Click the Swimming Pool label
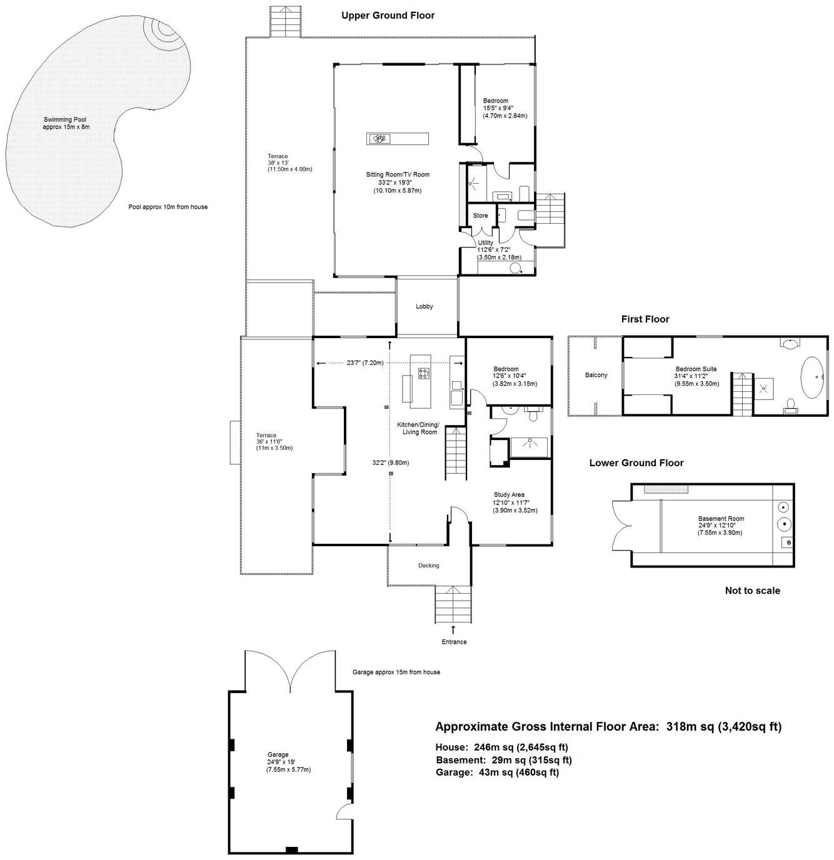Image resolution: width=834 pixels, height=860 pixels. (66, 119)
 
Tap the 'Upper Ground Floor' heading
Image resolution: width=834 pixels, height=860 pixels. (388, 16)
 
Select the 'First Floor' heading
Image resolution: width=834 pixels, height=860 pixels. (645, 319)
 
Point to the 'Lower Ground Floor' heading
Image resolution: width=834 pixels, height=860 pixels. (636, 463)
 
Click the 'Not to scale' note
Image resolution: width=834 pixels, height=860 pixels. (752, 591)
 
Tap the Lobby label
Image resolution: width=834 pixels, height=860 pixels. (425, 306)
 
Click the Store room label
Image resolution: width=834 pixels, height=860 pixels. (480, 216)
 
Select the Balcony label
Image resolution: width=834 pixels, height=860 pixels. (596, 375)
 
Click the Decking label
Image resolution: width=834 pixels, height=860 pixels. (428, 566)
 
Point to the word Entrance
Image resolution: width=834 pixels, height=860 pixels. (453, 642)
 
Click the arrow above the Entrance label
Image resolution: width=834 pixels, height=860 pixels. (453, 630)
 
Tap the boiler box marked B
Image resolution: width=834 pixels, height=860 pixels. (788, 542)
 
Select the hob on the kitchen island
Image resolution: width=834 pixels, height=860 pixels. (423, 374)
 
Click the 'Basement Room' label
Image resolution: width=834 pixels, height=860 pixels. (721, 519)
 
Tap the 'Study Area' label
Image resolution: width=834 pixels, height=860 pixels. (509, 495)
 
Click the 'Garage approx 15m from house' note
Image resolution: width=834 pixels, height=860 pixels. (396, 672)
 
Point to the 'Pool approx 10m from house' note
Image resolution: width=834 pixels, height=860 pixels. (168, 207)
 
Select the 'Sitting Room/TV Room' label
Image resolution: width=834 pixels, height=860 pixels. (398, 175)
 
